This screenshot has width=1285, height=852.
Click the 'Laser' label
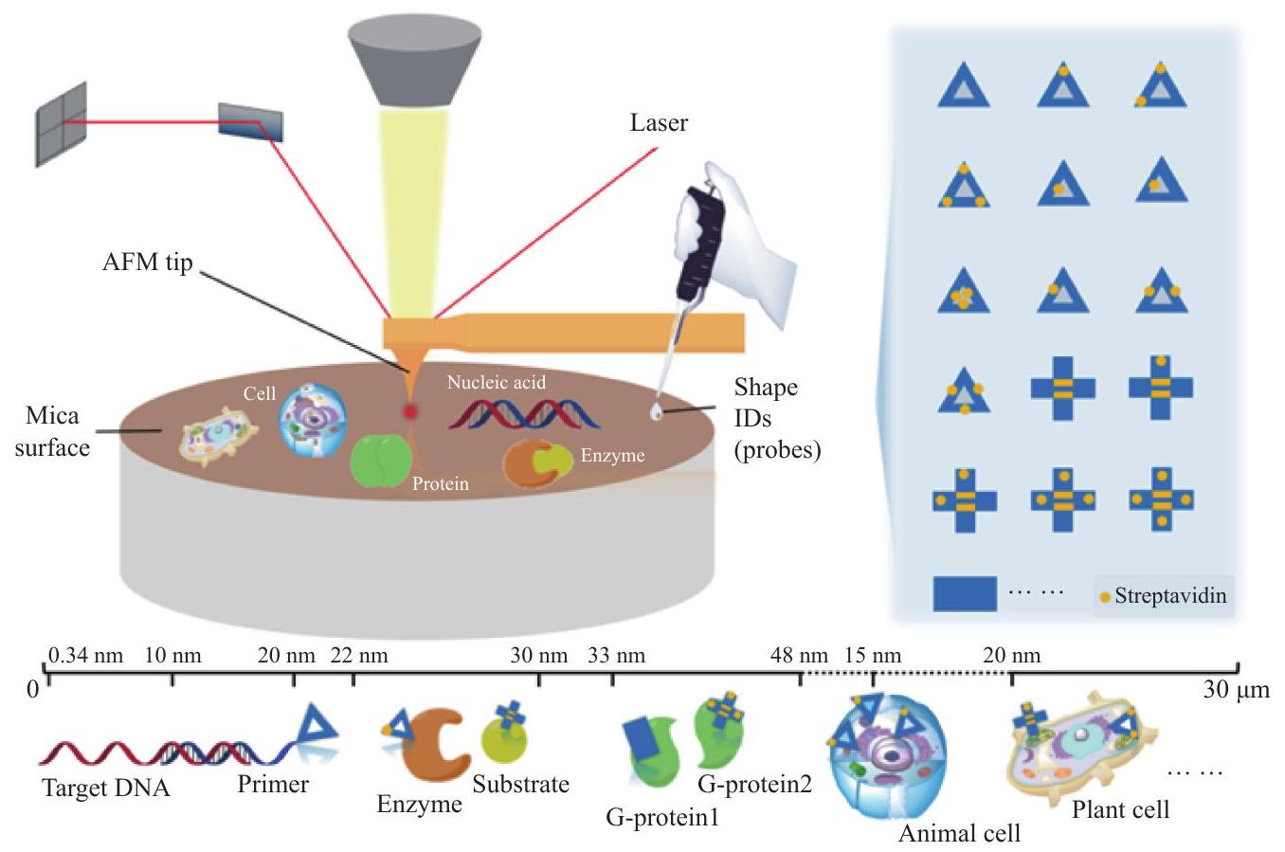pos(659,122)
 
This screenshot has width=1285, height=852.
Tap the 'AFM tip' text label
pos(147,263)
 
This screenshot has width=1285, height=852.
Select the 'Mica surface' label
pos(52,431)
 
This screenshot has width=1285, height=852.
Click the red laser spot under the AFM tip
pos(410,411)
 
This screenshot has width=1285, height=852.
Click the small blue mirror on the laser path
pos(251,119)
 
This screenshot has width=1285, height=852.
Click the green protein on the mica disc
pos(380,462)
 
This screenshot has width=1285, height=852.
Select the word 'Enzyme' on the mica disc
pos(612,456)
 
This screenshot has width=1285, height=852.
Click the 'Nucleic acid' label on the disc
pos(497,383)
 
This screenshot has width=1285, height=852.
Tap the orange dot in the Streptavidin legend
pos(1104,597)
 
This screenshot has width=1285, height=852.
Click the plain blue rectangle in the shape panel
pos(965,593)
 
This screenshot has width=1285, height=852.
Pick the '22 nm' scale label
pos(359,655)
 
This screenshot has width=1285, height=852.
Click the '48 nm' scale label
pos(800,655)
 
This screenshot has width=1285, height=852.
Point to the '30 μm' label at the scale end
pos(1236,690)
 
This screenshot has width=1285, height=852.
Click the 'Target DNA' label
pos(106,788)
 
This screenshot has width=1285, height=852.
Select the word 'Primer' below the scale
pos(273,784)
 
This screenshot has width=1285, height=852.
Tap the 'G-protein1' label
pos(662,815)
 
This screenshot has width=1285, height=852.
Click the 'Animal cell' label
pos(959,833)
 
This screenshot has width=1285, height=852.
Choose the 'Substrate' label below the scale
pos(520,784)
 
